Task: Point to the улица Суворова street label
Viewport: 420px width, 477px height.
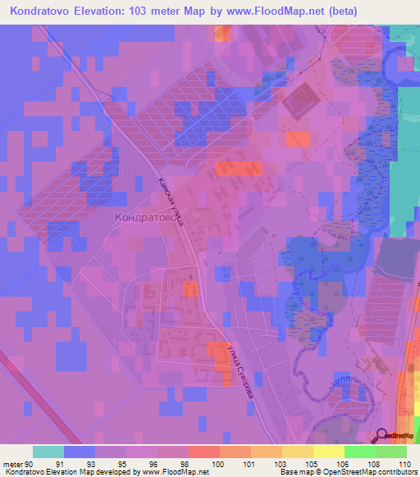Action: [x=237, y=370]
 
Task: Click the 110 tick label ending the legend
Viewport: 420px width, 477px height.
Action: [x=404, y=463]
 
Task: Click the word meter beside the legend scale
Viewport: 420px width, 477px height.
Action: [x=11, y=463]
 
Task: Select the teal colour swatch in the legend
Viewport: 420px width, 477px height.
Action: [x=48, y=452]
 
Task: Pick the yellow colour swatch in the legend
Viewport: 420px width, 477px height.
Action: [x=329, y=452]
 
